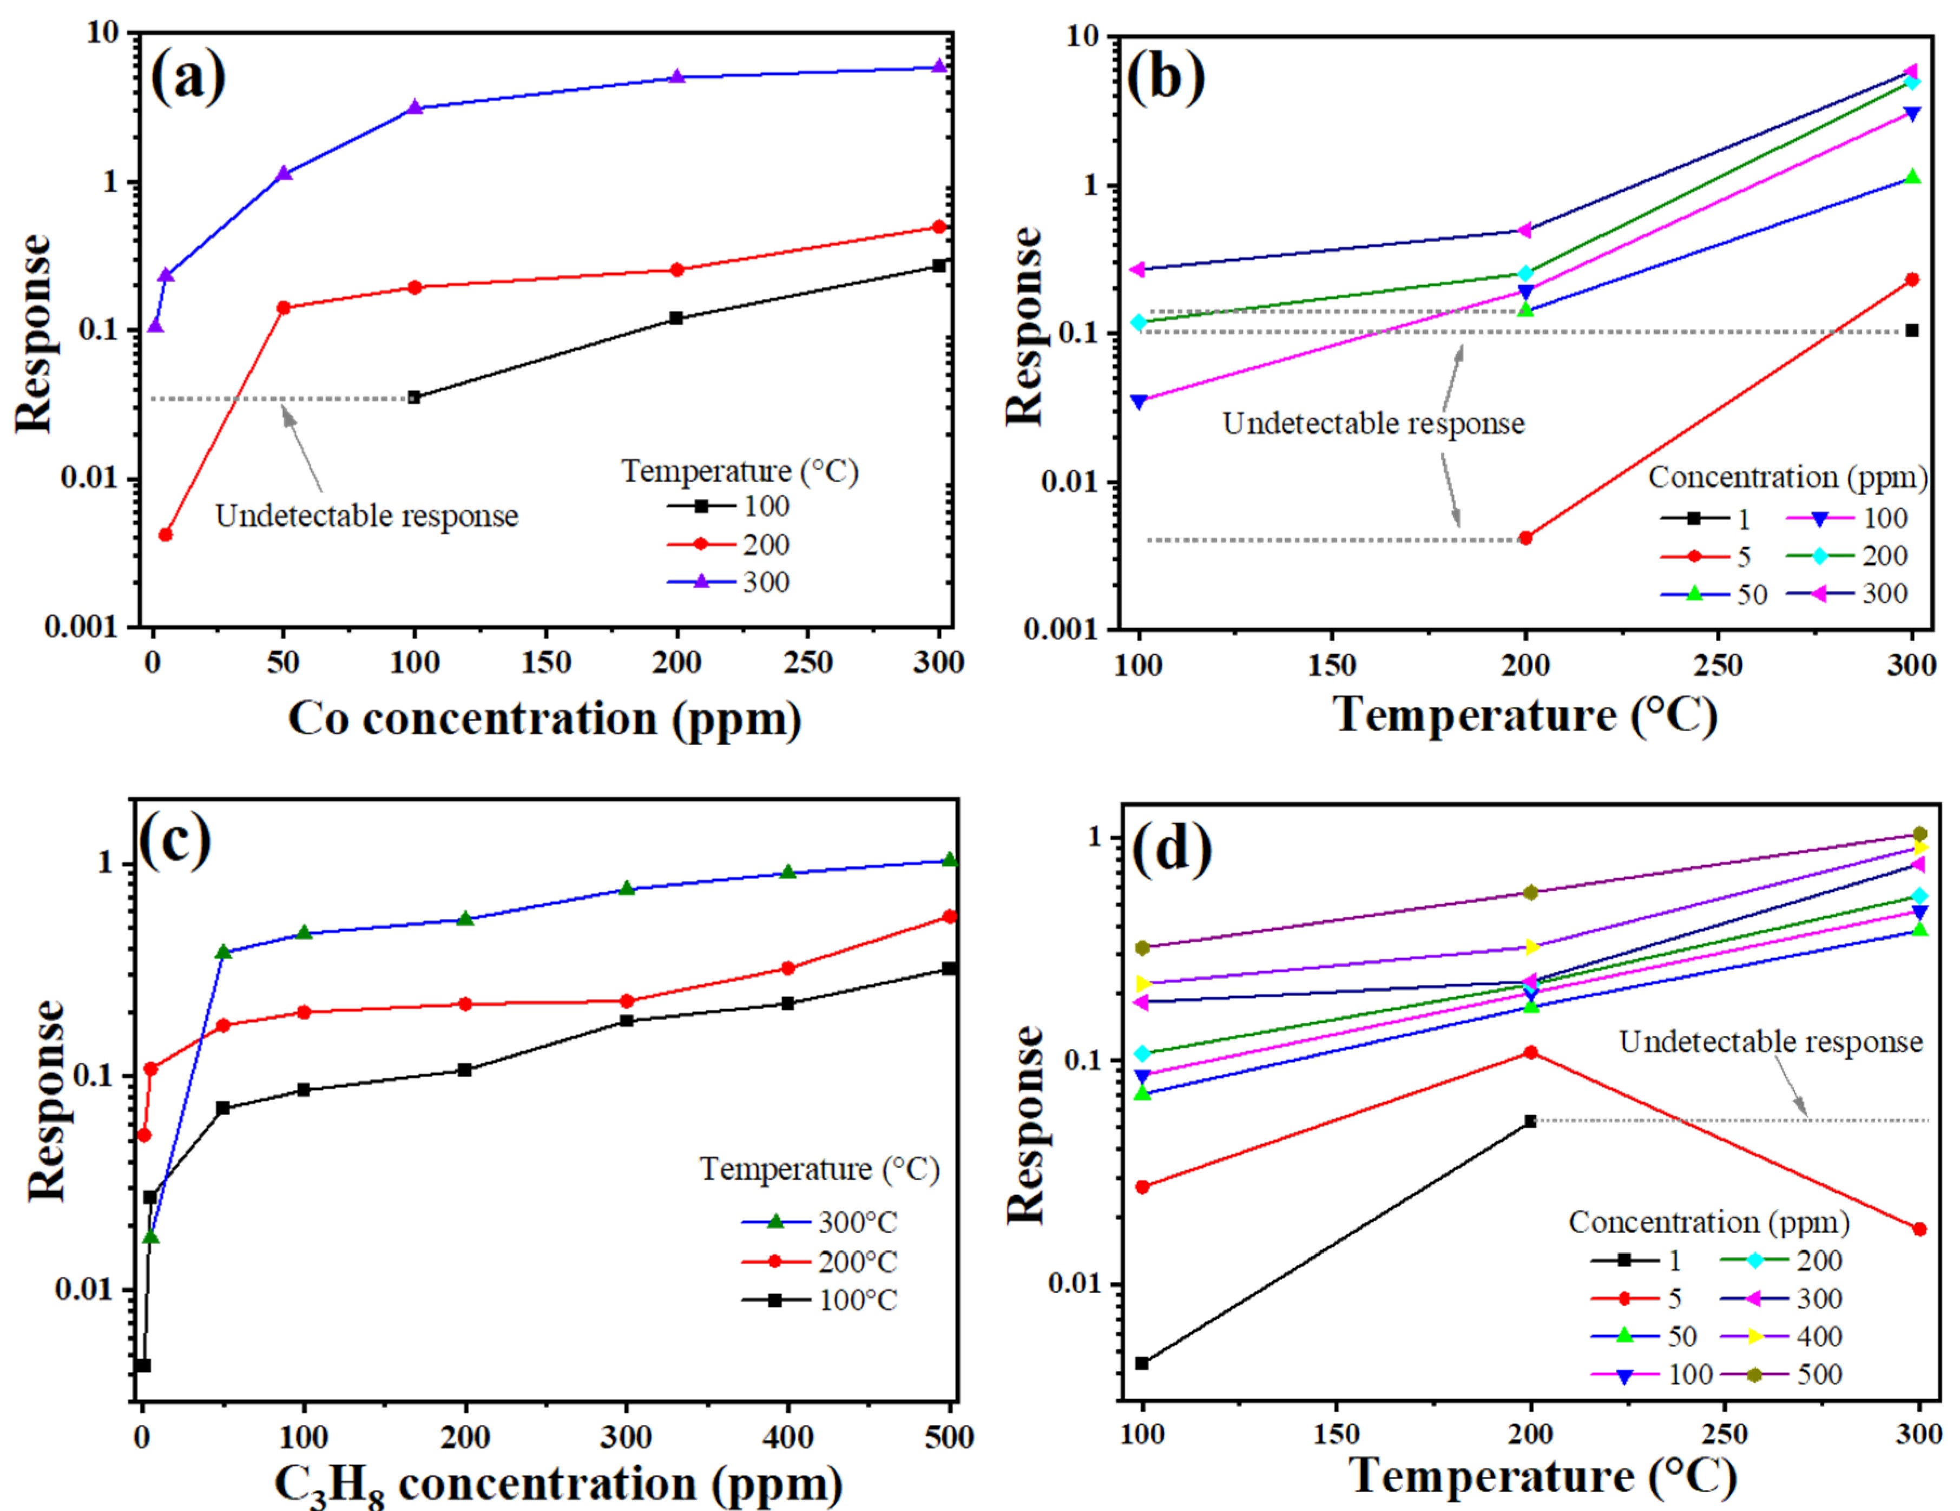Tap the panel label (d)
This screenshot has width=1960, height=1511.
pos(1171,848)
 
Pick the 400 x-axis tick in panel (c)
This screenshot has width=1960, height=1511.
pos(788,1436)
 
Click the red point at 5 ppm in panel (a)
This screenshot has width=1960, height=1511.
pos(165,535)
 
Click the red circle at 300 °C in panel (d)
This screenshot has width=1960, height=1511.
pos(1919,1229)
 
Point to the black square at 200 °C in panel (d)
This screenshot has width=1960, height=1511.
pos(1530,1121)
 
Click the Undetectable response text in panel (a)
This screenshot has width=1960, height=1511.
pos(366,516)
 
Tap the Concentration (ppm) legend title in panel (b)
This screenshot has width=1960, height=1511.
pos(1787,477)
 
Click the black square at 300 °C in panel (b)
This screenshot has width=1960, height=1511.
pos(1911,330)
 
